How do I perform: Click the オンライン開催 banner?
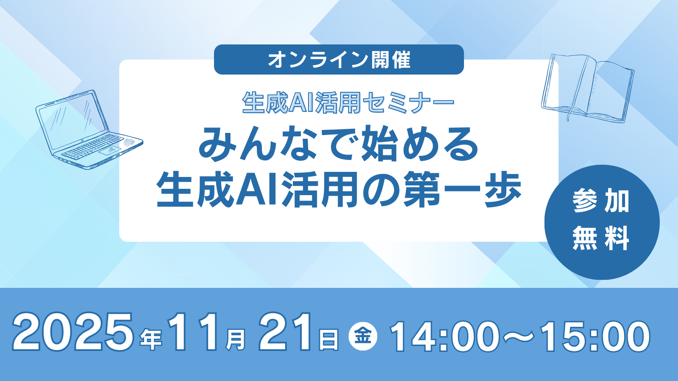tap(339, 60)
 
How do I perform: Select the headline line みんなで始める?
tap(339, 144)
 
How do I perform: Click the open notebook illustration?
tap(587, 88)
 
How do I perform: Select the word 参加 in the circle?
tap(601, 201)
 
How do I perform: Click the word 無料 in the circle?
tap(601, 238)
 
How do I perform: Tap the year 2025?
tap(72, 332)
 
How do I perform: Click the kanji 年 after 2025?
tap(151, 340)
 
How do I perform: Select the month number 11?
tap(192, 332)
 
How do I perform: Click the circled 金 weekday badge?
tap(363, 337)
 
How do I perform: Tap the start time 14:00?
tap(445, 336)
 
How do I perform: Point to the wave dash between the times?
tap(520, 336)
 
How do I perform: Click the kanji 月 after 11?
tap(236, 340)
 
